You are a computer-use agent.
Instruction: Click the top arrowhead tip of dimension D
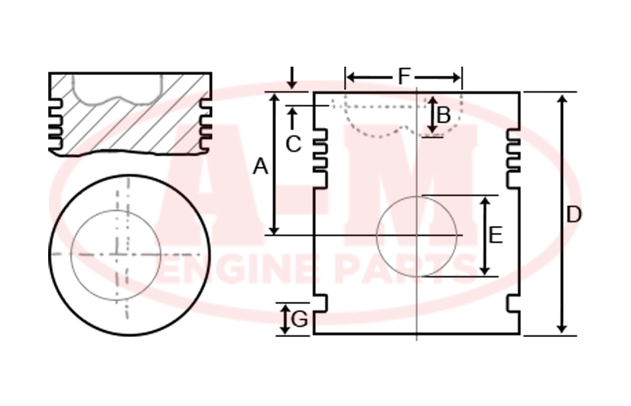(563, 94)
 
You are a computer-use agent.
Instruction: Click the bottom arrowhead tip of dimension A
(274, 234)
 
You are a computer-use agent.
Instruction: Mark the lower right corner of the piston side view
(519, 334)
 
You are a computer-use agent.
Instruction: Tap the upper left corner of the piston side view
(314, 93)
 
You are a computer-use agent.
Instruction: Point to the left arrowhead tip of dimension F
(346, 77)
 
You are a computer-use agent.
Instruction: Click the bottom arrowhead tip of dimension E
(486, 276)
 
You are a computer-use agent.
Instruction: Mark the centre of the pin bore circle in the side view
(417, 236)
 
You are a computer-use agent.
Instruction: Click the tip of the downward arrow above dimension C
(293, 90)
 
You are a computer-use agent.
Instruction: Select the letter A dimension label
(260, 166)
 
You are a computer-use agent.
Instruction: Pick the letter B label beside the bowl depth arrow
(444, 116)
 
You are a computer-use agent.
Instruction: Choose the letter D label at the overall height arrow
(574, 214)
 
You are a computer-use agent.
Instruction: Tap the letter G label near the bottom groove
(299, 319)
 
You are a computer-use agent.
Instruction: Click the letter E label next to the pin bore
(496, 235)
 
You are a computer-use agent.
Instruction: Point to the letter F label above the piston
(404, 76)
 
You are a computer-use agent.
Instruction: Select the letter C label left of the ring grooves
(294, 144)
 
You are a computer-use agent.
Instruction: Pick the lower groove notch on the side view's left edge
(320, 303)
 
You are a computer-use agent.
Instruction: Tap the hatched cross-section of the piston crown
(130, 114)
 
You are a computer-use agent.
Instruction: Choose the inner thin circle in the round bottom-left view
(116, 255)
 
